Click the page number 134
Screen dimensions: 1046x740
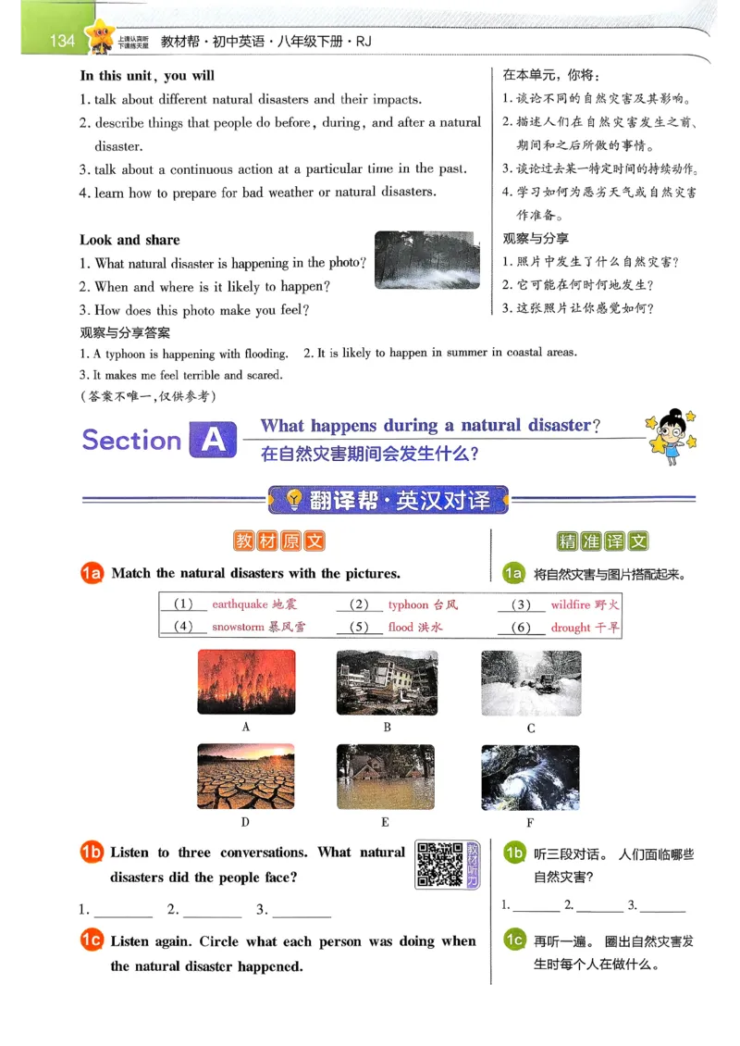(x=62, y=40)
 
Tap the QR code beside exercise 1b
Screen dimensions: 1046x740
(x=439, y=864)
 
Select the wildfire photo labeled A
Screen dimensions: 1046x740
(x=246, y=682)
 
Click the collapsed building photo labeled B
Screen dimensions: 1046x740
(x=387, y=682)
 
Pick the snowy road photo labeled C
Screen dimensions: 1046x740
(x=531, y=683)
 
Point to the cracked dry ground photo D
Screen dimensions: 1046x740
(x=246, y=776)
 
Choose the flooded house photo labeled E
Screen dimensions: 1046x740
(x=386, y=777)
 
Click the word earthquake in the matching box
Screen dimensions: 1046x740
(x=240, y=604)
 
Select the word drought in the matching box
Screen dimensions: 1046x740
(x=570, y=628)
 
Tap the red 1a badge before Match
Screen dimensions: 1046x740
(x=92, y=574)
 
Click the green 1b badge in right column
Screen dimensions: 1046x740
(x=514, y=853)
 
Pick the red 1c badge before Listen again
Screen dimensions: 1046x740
(x=92, y=941)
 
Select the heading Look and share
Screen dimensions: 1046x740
(x=129, y=240)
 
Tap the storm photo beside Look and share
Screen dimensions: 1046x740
(x=426, y=259)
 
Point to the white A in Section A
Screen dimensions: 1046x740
(x=212, y=441)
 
